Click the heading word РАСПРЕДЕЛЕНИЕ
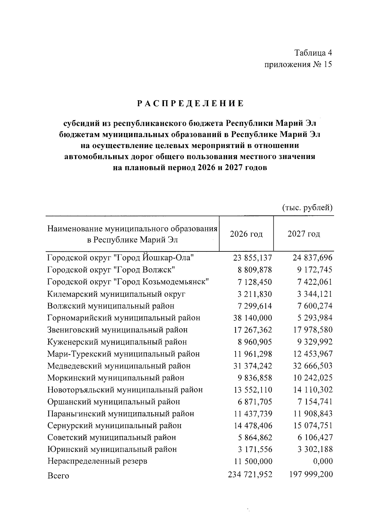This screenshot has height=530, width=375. pyautogui.click(x=191, y=104)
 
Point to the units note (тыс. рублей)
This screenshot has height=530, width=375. pyautogui.click(x=307, y=207)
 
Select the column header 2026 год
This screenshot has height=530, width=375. pyautogui.click(x=246, y=234)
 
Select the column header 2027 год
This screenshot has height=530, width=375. pyautogui.click(x=304, y=234)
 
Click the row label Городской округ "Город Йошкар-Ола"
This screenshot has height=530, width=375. pyautogui.click(x=121, y=258)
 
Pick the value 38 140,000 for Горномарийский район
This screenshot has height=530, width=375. pyautogui.click(x=252, y=318)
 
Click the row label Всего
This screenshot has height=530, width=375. pyautogui.click(x=58, y=476)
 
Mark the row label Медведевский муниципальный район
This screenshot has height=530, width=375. pyautogui.click(x=119, y=366)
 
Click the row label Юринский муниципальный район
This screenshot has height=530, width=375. pyautogui.click(x=112, y=449)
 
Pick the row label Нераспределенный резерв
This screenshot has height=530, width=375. pyautogui.click(x=97, y=461)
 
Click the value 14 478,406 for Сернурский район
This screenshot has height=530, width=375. pyautogui.click(x=252, y=425)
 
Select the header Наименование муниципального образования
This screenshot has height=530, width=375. pyautogui.click(x=132, y=229)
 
